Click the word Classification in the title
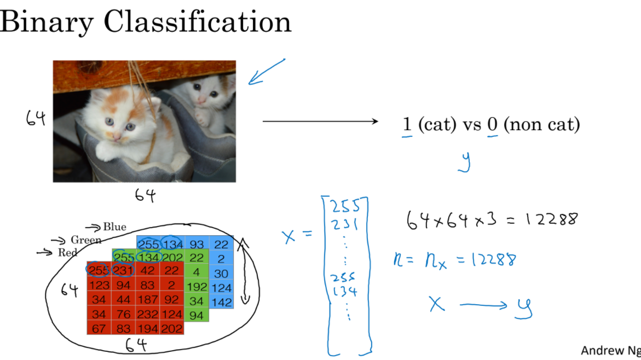tap(197, 22)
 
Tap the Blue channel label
tap(114, 227)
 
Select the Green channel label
tap(85, 240)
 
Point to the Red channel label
tap(68, 252)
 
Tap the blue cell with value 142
tap(221, 302)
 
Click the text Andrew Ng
tap(610, 350)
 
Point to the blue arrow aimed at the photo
tap(267, 72)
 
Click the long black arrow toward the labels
tap(320, 121)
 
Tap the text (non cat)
tap(541, 125)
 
